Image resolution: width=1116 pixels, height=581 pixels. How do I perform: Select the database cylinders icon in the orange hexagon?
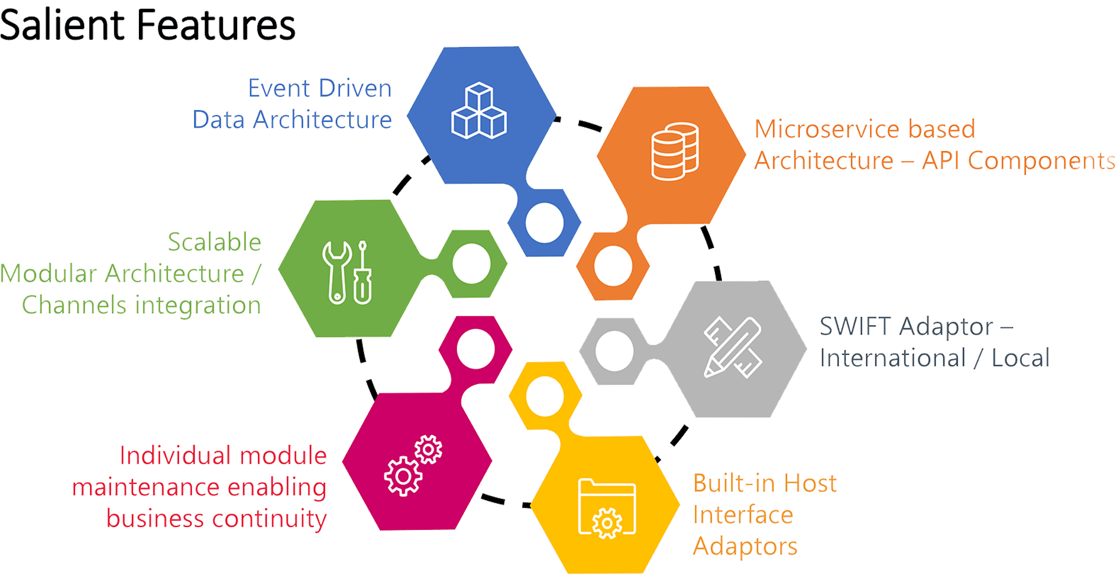[x=674, y=151]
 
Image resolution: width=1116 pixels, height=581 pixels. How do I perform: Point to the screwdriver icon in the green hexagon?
[x=363, y=273]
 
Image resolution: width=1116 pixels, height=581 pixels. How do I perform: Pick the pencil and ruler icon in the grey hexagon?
[x=733, y=347]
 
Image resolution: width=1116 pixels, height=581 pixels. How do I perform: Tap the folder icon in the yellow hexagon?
[x=607, y=508]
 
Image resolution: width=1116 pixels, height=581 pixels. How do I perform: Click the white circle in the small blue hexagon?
[x=545, y=223]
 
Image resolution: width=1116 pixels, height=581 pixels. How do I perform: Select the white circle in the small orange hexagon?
[x=613, y=266]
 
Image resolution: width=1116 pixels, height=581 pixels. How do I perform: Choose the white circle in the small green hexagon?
[x=471, y=264]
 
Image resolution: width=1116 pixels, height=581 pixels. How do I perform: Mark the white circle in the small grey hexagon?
[x=614, y=351]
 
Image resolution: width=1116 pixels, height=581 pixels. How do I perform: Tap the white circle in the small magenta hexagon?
[x=475, y=349]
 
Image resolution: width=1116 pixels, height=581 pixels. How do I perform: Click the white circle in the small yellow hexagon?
[x=545, y=396]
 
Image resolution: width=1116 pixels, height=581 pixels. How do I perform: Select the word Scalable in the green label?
[x=214, y=242]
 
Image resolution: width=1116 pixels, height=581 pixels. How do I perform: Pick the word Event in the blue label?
[x=278, y=89]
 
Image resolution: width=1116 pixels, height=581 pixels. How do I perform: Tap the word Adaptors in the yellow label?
[x=745, y=547]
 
